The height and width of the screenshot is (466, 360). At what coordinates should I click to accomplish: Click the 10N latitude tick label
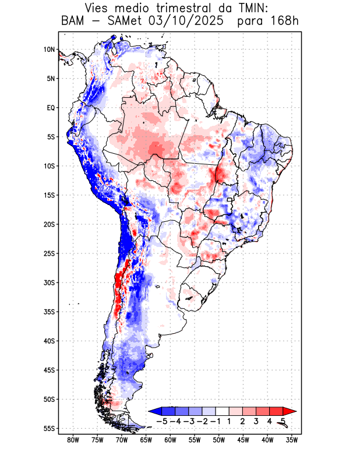point(50,50)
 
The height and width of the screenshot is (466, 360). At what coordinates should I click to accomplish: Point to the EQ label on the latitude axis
point(51,108)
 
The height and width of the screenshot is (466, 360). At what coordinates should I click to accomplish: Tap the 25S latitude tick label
point(50,253)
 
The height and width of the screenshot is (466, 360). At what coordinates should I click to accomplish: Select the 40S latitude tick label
point(50,341)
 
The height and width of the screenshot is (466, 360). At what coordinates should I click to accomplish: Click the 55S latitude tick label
point(50,428)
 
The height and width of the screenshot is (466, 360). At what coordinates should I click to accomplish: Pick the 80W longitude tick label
point(73,440)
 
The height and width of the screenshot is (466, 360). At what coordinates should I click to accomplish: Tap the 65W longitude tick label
point(146,440)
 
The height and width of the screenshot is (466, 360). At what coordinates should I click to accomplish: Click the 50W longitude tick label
point(219,440)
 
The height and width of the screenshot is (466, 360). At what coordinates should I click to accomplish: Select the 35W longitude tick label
point(292,440)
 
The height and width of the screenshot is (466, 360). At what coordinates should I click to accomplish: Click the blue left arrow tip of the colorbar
point(153,411)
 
